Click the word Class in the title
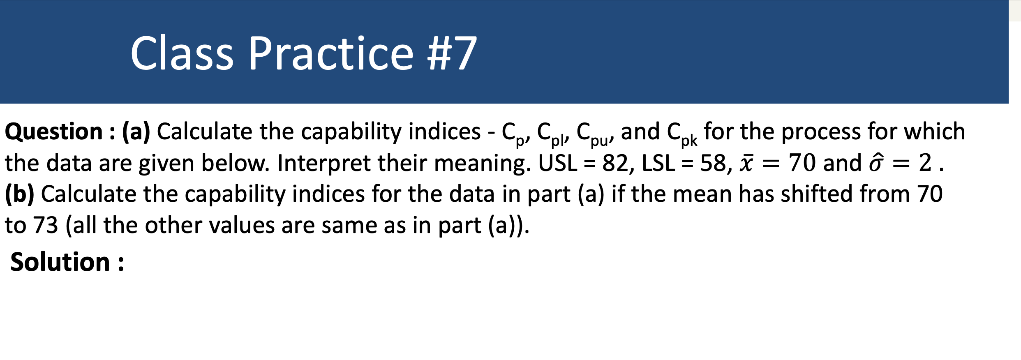pos(182,53)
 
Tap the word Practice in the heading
pos(331,53)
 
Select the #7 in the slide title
pos(452,53)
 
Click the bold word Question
pos(54,132)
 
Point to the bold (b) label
pos(20,194)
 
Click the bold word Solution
pos(60,262)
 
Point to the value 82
pos(615,163)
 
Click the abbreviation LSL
pos(658,163)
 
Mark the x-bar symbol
pos(746,163)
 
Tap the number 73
pos(46,226)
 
